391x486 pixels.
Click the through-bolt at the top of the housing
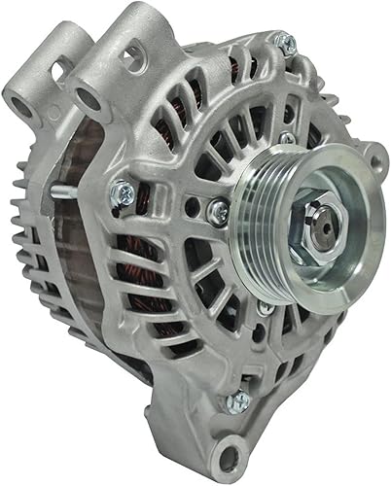click(x=283, y=43)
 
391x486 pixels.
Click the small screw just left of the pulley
click(x=219, y=207)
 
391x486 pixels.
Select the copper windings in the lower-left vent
click(x=146, y=282)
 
